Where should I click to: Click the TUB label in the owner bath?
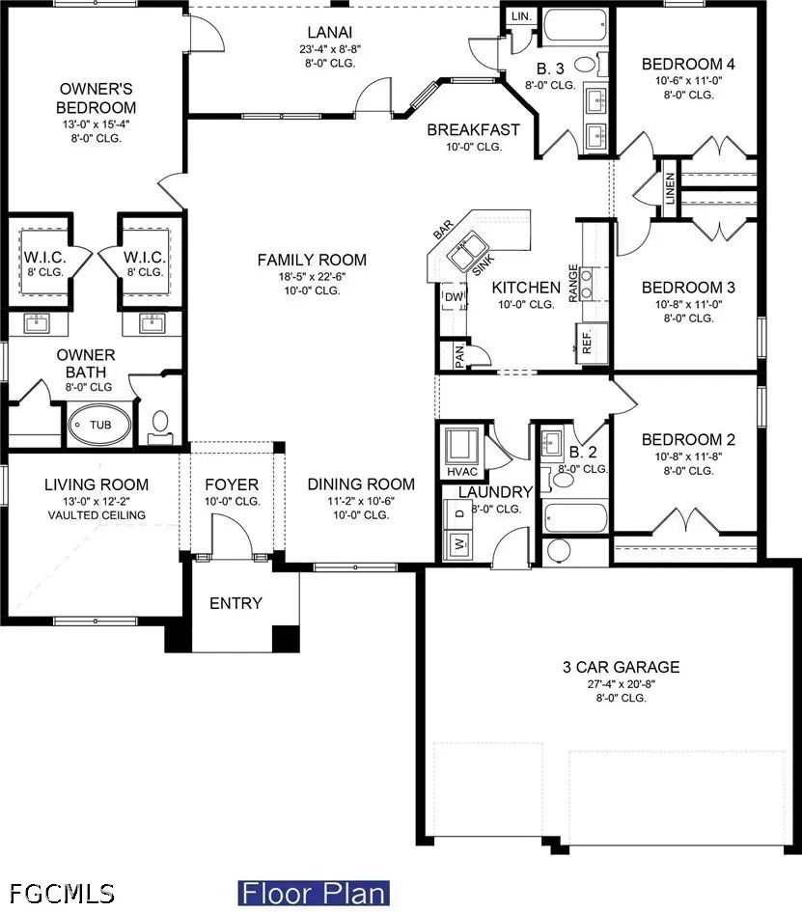point(100,425)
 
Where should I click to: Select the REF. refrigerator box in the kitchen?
point(585,342)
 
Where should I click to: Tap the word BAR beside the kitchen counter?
point(444,231)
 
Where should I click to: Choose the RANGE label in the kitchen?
point(573,284)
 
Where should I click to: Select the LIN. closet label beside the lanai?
point(521,17)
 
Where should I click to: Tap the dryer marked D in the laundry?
point(459,512)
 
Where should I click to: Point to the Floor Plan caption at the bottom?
point(314,892)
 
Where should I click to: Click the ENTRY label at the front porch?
point(235,603)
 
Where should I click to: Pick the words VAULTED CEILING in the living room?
point(96,514)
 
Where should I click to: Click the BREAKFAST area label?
point(473,129)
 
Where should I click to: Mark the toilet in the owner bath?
point(160,423)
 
